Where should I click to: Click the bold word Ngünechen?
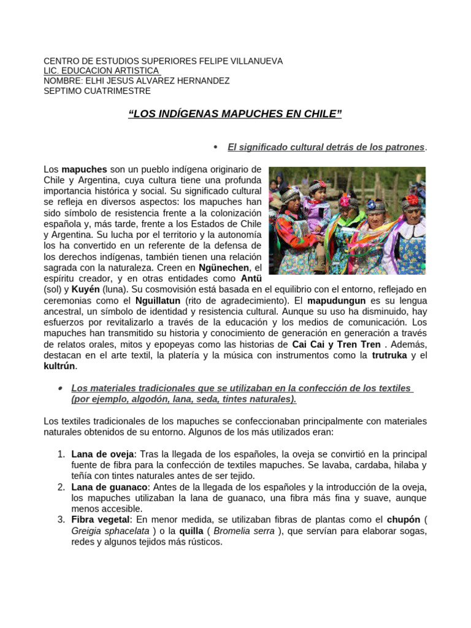224,268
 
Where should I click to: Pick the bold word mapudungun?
336,301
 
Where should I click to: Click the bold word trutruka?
391,355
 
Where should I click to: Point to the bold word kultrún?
59,366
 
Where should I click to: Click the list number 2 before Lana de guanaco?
61,487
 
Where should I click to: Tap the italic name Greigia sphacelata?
110,531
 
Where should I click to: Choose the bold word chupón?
403,520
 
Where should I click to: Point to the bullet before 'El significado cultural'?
215,147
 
